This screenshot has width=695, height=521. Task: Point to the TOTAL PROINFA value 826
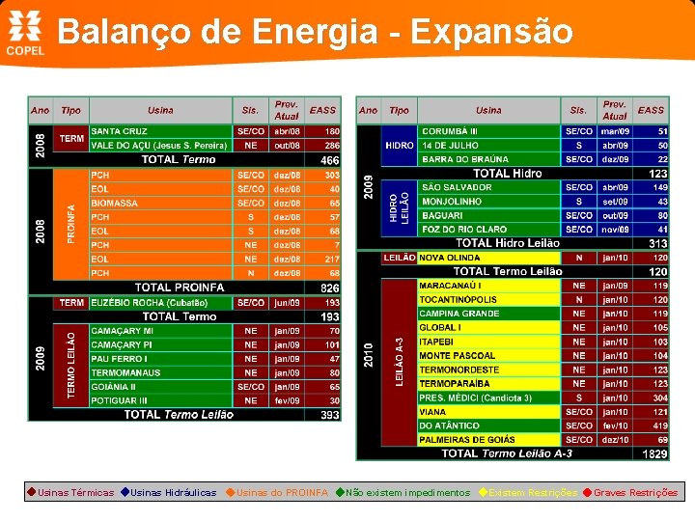329,288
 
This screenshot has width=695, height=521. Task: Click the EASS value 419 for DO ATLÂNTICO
660,425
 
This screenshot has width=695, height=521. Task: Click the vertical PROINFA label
70,224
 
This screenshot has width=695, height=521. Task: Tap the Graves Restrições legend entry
634,493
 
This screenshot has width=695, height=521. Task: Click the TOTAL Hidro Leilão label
507,243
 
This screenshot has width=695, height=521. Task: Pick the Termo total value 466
329,159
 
